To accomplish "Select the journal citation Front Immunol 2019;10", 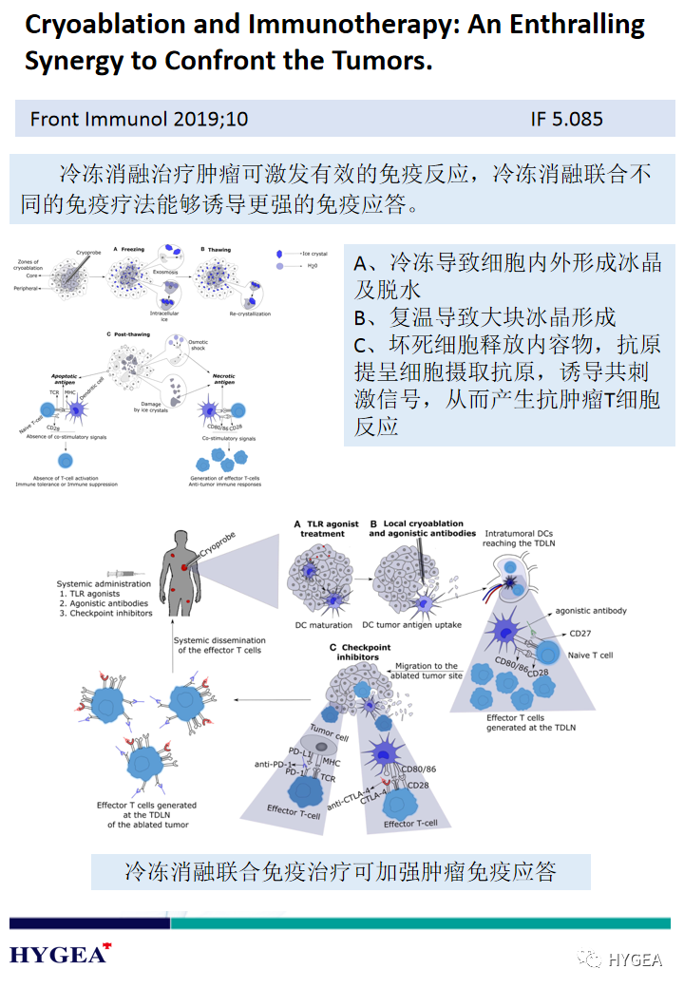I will click(139, 120).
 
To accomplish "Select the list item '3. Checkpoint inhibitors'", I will click(105, 613).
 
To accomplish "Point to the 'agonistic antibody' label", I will click(590, 611).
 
